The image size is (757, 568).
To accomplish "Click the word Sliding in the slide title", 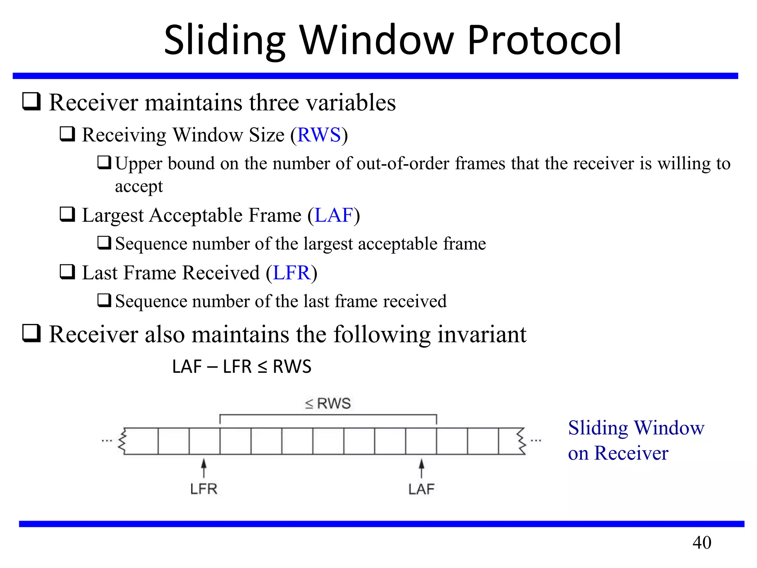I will (225, 40).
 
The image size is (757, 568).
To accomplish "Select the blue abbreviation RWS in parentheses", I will (319, 135).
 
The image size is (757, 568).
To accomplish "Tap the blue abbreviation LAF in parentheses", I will (334, 215).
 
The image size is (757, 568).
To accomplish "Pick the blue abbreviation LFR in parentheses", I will (291, 273).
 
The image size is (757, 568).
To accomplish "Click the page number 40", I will (702, 542).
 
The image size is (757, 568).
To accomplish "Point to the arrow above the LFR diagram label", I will (204, 468).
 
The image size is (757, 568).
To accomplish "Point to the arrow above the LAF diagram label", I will (421, 468).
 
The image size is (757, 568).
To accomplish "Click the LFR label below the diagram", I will (204, 489).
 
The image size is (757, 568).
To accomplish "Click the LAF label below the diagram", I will (421, 489).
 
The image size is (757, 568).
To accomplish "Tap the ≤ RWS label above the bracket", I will (328, 403).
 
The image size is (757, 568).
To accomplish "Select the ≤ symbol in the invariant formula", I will (262, 367).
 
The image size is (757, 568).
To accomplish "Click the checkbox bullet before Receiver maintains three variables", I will (31, 102).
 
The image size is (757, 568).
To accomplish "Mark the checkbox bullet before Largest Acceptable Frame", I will (68, 214).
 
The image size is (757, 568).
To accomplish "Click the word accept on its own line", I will (139, 186).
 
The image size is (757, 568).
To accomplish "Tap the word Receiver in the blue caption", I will (631, 453).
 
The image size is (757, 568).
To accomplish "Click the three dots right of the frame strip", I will (536, 441).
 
